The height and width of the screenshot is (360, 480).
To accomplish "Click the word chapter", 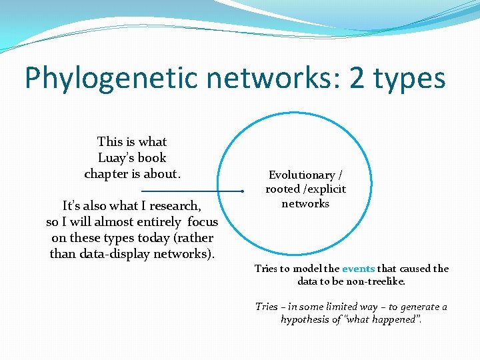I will point(109,174).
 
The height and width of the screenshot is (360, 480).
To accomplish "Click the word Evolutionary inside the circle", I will point(301,175).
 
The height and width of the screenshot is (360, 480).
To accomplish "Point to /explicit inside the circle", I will point(325,189).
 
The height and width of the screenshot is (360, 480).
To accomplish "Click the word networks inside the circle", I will point(305,203).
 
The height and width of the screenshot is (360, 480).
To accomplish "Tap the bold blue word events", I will point(358,269).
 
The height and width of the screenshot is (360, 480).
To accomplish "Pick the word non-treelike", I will point(374,281).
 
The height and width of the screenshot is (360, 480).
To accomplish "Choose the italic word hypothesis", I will point(307,319).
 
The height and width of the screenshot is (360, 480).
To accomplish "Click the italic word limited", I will point(349,307).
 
